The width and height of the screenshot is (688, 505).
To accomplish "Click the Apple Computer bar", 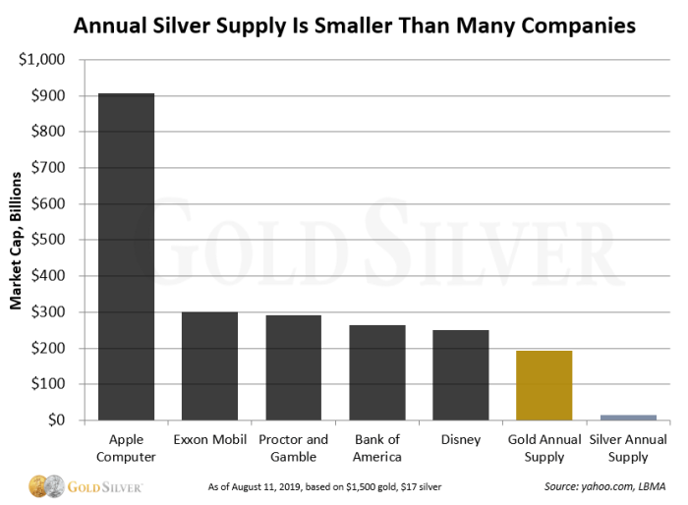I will coord(126,257).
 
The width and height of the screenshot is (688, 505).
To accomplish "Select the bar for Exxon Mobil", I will coord(209,366).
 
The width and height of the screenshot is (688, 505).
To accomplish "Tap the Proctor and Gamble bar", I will coord(293,368).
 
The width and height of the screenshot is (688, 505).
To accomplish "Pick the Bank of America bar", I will coord(377,373).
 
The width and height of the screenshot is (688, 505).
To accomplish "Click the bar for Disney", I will coord(461,375).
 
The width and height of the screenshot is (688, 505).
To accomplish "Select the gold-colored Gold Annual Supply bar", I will coord(545,386).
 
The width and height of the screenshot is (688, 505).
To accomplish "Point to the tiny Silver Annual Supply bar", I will coord(628,418).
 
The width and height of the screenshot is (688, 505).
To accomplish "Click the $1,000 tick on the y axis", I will coord(43,60).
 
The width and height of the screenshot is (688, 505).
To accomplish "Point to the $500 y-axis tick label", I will coord(49,241).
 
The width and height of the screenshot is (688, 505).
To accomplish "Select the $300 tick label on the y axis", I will coord(49,312).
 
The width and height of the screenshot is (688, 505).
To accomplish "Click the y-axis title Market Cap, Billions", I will coord(17,241).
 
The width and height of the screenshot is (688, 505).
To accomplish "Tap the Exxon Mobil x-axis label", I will coord(209,440).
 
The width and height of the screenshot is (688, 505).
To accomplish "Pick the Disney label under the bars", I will coord(461,440).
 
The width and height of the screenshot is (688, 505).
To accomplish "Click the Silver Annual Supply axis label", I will coord(628,448).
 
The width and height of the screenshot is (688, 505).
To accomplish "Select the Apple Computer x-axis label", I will coord(126,448).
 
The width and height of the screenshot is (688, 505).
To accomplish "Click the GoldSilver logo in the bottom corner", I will coord(86,485).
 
